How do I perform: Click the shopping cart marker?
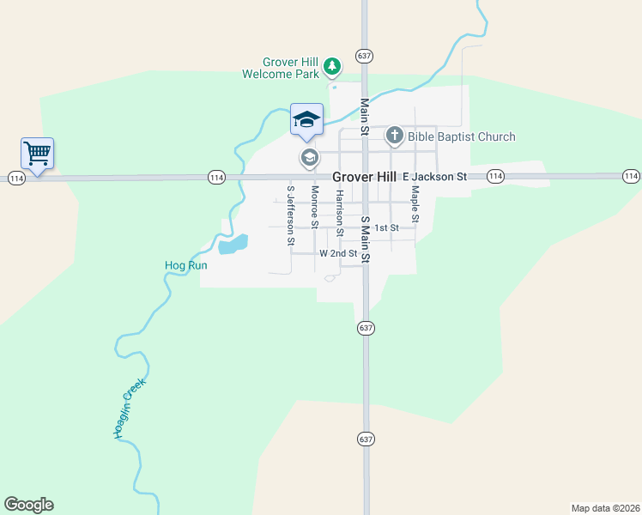(x=37, y=154)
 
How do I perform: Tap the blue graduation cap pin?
(x=306, y=119)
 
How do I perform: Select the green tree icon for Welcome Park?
(x=333, y=65)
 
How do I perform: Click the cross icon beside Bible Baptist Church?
(x=394, y=135)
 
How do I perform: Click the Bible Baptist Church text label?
(x=462, y=136)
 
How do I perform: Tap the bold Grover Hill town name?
(x=364, y=176)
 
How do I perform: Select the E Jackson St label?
(x=433, y=176)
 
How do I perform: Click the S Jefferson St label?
(x=291, y=214)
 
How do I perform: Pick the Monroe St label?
(x=315, y=207)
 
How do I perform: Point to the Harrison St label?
(x=340, y=213)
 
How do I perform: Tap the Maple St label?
(x=415, y=204)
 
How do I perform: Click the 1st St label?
(x=387, y=227)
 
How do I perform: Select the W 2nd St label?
(x=337, y=254)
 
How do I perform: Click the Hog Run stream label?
(x=186, y=265)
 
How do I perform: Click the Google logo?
(x=28, y=505)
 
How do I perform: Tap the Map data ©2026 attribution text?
(x=605, y=507)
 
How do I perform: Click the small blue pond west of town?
(x=233, y=245)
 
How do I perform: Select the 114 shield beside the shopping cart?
(x=16, y=178)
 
